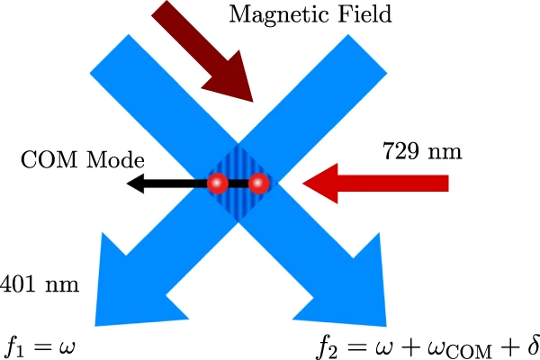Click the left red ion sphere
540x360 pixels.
pos(217,184)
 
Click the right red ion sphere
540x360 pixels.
pos(259,184)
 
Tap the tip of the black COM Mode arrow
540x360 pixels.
pos(129,184)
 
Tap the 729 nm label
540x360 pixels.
pos(422,150)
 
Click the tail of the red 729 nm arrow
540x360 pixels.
pos(445,184)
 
